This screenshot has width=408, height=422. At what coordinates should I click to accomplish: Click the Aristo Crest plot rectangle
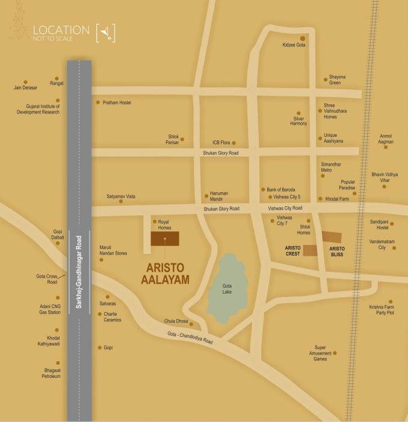tap(309, 251)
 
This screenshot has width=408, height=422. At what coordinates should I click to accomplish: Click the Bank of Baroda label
tap(281, 189)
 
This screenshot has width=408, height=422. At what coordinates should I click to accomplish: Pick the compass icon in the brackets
tap(106, 32)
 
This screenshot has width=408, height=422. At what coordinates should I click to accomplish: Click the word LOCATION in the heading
tap(61, 29)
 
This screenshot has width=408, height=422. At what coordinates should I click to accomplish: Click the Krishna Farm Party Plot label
tap(382, 310)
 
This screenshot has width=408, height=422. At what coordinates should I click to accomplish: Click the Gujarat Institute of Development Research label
tap(39, 109)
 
